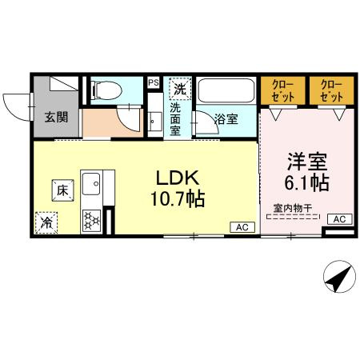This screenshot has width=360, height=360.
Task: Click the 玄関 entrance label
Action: point(55,118)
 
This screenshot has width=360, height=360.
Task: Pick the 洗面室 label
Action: point(175,115)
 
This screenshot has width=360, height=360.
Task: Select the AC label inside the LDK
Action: point(241,227)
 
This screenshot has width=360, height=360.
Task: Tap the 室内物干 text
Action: point(289,210)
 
